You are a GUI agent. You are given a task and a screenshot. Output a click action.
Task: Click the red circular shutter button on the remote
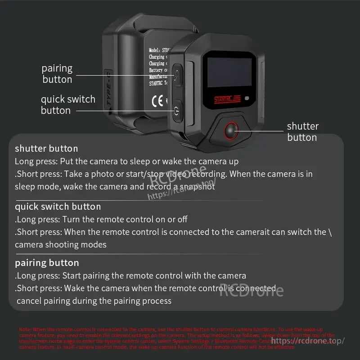point(232,130)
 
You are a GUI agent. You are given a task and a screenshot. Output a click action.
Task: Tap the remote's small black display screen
point(229,72)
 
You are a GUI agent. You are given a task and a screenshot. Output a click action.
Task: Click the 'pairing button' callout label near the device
point(57,74)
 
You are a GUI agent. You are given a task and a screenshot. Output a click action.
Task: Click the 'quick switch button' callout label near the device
point(68,105)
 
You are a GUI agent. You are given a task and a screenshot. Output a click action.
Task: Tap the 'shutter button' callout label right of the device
point(302,132)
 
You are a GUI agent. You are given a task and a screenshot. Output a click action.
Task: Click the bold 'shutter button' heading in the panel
point(46,148)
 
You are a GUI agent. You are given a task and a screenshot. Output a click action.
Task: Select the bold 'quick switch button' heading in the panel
point(58,207)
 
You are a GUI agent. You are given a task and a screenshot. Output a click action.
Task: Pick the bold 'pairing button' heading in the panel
point(47,263)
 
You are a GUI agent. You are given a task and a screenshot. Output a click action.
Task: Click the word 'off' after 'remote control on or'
point(182,220)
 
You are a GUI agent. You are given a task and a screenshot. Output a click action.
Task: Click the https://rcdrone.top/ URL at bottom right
point(308,341)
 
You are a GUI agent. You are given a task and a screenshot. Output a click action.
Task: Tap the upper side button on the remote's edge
point(177,74)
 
